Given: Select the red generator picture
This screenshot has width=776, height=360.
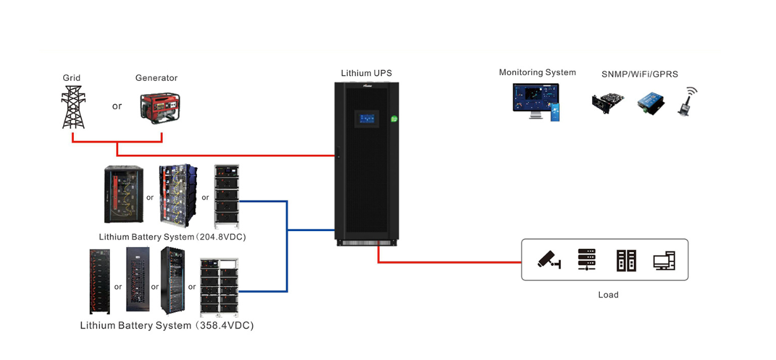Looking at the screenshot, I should coord(159,109).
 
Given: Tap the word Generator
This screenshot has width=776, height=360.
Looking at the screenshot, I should coord(156,78).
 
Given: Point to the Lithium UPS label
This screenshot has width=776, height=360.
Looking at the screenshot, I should coord(366,73).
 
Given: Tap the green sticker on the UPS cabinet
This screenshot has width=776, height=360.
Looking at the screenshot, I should coord(394,118).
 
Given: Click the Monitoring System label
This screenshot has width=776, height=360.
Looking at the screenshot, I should coord(537,73).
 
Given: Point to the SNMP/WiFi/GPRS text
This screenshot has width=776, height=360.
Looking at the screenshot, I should coord(640,75).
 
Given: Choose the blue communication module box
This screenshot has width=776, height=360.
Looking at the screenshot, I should coord(648,102).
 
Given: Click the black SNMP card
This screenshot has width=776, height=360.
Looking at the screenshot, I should coord(607,103).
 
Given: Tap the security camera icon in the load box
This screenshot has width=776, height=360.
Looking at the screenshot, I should coord(549,260).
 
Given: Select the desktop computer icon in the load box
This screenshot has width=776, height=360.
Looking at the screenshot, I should coord(664,260).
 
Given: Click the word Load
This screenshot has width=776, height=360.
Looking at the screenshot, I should coord(608,295).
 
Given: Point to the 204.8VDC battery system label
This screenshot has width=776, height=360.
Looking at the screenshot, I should coord(172,237).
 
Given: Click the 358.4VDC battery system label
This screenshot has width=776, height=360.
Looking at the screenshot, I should coord(167,326).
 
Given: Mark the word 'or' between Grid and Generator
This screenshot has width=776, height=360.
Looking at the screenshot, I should coord(117,106).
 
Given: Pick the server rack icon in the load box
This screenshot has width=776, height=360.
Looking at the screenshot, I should coord(587,260).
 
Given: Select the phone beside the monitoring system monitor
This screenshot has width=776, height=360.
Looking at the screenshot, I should coord(555,112).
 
